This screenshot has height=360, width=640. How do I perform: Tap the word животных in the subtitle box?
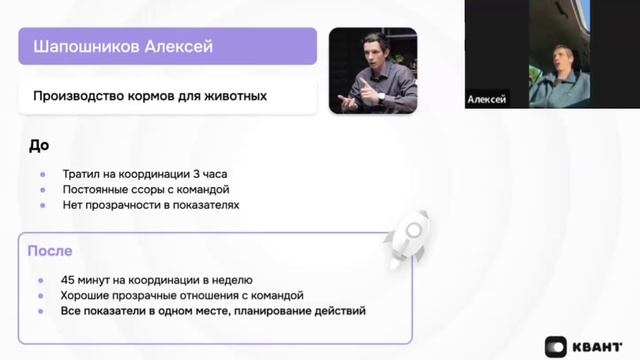pyautogui.click(x=237, y=97)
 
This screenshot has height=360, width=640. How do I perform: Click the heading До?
pyautogui.click(x=38, y=145)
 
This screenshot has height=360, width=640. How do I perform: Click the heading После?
pyautogui.click(x=50, y=251)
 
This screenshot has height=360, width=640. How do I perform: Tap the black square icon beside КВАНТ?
pyautogui.click(x=557, y=345)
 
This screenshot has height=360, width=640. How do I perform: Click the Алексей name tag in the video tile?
pyautogui.click(x=487, y=101)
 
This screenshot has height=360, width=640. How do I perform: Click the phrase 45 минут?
pyautogui.click(x=84, y=280)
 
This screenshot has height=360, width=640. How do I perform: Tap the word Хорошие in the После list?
pyautogui.click(x=86, y=296)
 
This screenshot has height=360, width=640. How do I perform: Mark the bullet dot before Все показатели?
pyautogui.click(x=43, y=311)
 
